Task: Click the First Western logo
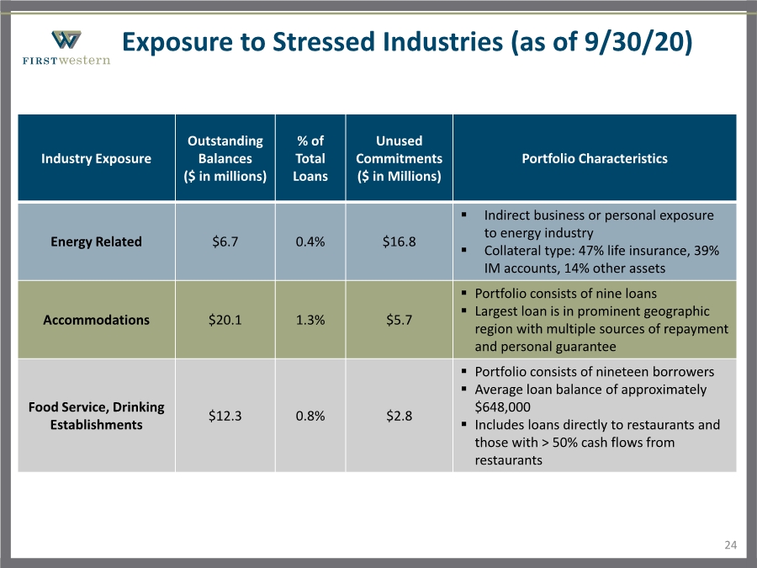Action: pyautogui.click(x=66, y=47)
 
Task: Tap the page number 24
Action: pyautogui.click(x=730, y=545)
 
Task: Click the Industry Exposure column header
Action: pyautogui.click(x=96, y=158)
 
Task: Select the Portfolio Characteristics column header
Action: pyautogui.click(x=595, y=158)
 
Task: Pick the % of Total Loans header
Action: pyautogui.click(x=310, y=158)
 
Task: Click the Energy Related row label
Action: pyautogui.click(x=96, y=242)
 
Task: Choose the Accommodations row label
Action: pyautogui.click(x=96, y=320)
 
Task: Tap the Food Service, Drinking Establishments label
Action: pyautogui.click(x=96, y=416)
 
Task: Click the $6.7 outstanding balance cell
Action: pyautogui.click(x=225, y=242)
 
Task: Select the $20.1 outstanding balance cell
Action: pyautogui.click(x=225, y=320)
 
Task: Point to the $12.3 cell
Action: pyautogui.click(x=225, y=416)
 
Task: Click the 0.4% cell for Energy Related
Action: pyautogui.click(x=310, y=242)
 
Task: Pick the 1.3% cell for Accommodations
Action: pyautogui.click(x=310, y=320)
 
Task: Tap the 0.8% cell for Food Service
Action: pyautogui.click(x=310, y=416)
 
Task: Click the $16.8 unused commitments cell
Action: pyautogui.click(x=399, y=242)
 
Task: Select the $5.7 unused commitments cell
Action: pyautogui.click(x=399, y=320)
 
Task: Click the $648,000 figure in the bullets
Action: pyautogui.click(x=503, y=407)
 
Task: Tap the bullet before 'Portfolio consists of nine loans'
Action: pyautogui.click(x=464, y=293)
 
